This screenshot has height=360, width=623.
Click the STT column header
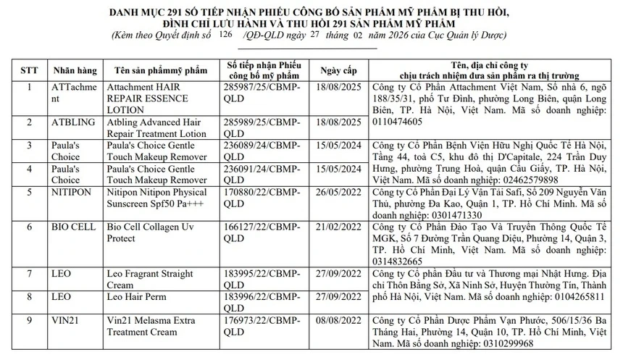pos(28,70)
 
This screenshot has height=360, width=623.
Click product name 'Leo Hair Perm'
pos(138,296)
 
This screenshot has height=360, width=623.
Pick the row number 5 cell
pos(28,193)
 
